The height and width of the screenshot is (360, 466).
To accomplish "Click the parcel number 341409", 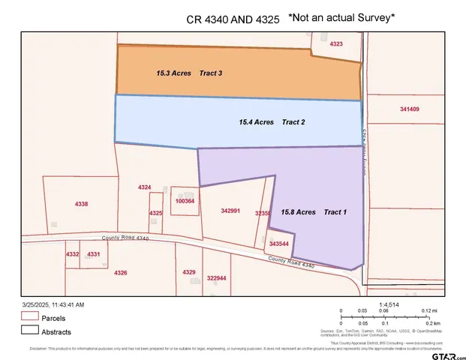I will point(409,109).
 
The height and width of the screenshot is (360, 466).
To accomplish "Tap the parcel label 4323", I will point(337,45).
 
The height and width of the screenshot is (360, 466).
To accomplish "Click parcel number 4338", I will point(82,204).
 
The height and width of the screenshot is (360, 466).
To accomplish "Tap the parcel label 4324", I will point(145,187).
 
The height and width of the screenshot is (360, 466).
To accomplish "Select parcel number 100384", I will point(185,201).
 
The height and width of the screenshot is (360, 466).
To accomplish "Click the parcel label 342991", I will point(230,211).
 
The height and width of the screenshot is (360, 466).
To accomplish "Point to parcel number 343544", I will point(279,244).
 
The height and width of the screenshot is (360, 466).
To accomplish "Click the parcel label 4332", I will point(72,255).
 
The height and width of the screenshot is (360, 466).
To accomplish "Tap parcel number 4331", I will point(94,255).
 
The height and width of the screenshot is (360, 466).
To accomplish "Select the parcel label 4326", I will point(120,272).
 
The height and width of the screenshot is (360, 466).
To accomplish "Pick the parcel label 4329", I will point(189,271).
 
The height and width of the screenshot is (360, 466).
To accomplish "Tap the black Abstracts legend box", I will point(29,331).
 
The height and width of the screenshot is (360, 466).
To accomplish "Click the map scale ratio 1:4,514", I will point(379,303).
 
